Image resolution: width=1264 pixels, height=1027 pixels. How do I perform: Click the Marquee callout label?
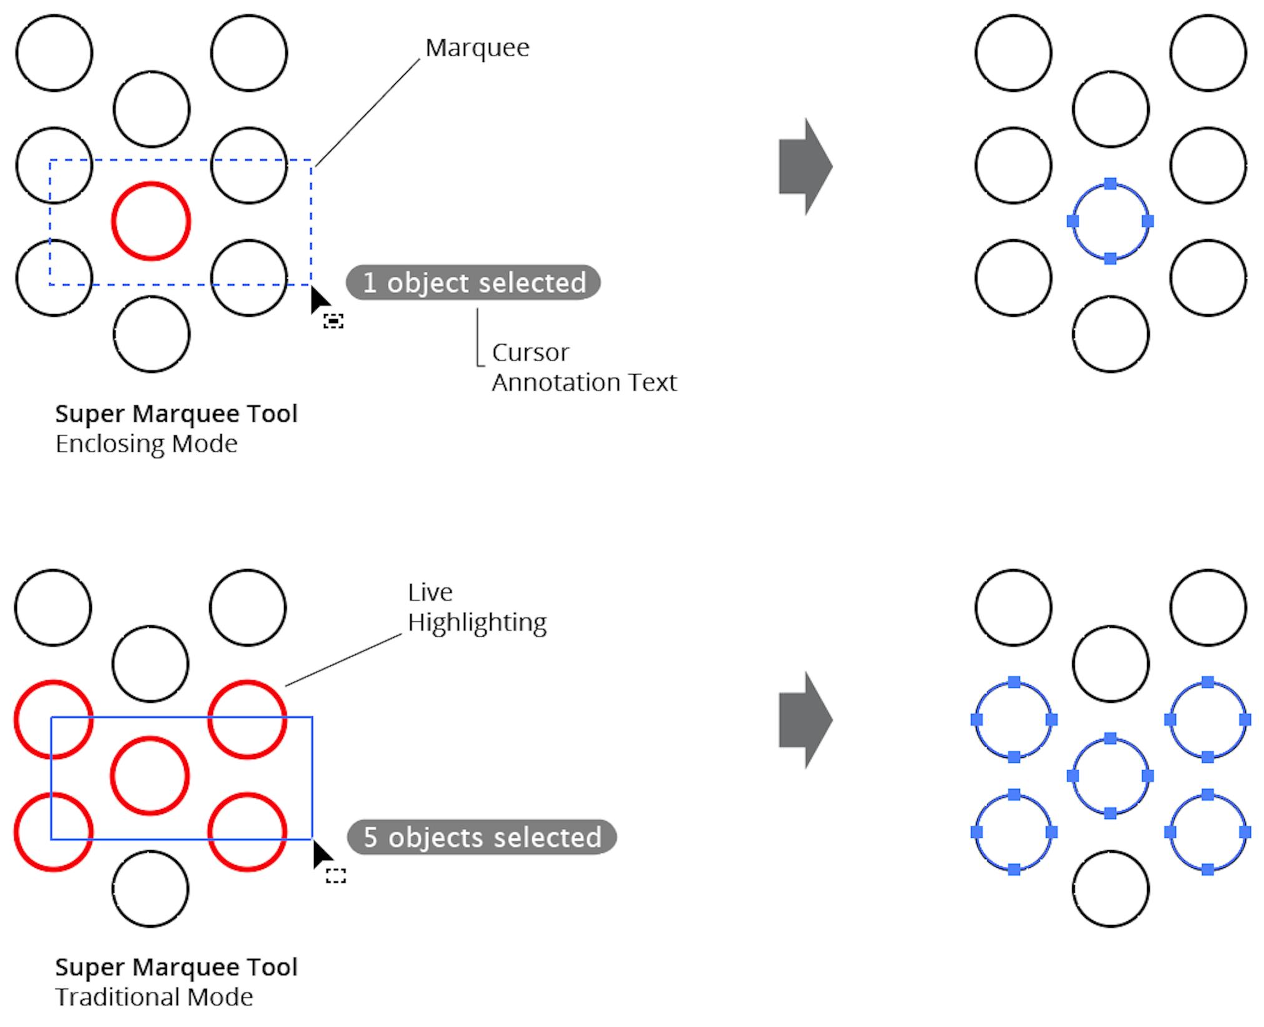(477, 48)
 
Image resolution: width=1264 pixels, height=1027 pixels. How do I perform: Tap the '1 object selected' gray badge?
(473, 282)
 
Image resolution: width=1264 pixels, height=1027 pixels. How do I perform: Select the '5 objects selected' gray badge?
(481, 837)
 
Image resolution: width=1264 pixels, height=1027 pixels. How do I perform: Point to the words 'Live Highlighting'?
(476, 607)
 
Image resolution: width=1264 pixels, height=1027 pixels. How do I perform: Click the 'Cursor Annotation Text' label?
(583, 367)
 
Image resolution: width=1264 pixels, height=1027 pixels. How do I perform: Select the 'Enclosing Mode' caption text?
(146, 444)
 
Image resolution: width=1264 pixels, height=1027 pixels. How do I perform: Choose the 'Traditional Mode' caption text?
(154, 997)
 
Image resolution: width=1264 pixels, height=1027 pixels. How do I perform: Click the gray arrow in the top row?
(805, 167)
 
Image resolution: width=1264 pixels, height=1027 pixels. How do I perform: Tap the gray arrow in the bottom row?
(805, 720)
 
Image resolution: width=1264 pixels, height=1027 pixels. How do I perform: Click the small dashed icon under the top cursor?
(333, 321)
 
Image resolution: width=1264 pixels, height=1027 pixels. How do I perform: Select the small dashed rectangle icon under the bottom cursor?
(336, 876)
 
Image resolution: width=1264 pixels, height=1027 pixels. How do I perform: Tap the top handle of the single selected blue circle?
(1110, 184)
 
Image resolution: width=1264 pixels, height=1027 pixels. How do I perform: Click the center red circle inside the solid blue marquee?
(150, 776)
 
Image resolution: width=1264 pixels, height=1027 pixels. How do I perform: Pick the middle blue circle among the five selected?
(1110, 776)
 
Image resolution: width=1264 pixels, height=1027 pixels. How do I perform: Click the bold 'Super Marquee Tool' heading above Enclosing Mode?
(176, 414)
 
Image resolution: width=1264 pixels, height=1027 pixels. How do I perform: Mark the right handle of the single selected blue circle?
(1147, 221)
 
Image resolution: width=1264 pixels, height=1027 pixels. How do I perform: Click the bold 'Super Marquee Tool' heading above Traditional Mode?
(176, 967)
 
